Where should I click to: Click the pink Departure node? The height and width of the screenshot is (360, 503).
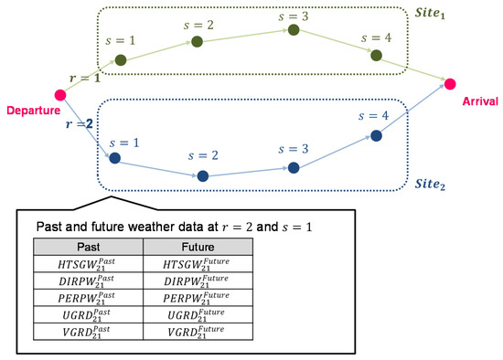[x=61, y=94]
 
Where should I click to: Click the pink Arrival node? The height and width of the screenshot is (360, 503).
[x=450, y=85]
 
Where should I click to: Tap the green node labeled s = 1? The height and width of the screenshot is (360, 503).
[x=120, y=61]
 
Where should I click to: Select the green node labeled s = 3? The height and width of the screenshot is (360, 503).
[x=294, y=30]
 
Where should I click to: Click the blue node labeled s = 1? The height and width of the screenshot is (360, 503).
[x=114, y=158]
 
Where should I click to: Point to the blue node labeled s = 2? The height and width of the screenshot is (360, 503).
[x=202, y=175]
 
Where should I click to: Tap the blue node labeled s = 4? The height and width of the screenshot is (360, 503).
[x=376, y=136]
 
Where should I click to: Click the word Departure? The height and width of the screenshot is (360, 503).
[x=32, y=111]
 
